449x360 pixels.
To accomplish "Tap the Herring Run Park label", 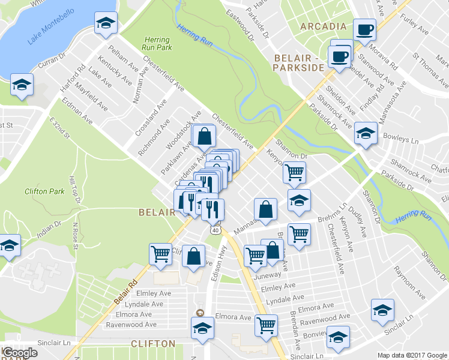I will tap(157, 44).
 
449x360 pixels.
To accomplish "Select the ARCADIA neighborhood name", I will tap(324, 26).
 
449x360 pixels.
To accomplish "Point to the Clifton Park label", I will tap(44, 191).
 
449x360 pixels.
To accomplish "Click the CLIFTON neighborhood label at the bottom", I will tap(154, 344).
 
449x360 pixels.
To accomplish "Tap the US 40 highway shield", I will tap(215, 230).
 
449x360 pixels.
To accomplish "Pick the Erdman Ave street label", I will tap(80, 112).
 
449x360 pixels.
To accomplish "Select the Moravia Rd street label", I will tap(386, 55).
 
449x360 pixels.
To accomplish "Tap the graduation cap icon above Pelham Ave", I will tap(106, 23).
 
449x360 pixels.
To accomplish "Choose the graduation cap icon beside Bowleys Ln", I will tap(365, 133).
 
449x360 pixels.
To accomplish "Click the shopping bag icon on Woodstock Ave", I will tap(204, 136).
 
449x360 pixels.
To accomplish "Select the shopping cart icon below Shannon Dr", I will tap(294, 172).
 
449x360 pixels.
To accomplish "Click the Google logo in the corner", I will tap(20, 353).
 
